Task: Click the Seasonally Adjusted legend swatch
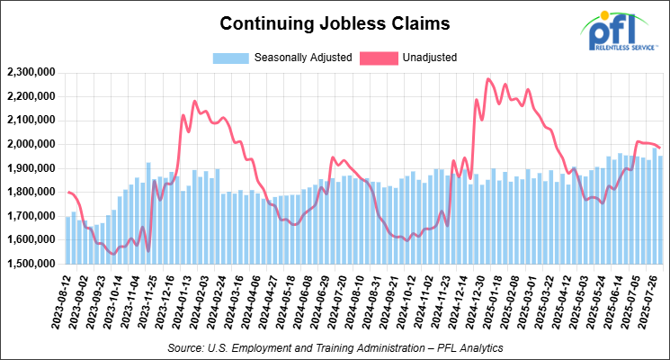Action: point(231,58)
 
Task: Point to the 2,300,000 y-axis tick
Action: point(31,72)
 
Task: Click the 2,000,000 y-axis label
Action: point(31,144)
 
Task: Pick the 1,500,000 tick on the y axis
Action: point(31,264)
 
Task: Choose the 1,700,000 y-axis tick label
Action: point(31,216)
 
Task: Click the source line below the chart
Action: point(335,346)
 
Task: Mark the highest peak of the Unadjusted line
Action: point(487,79)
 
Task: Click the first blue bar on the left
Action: point(67,240)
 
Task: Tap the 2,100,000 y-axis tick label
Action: point(31,120)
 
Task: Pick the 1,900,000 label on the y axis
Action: point(31,168)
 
